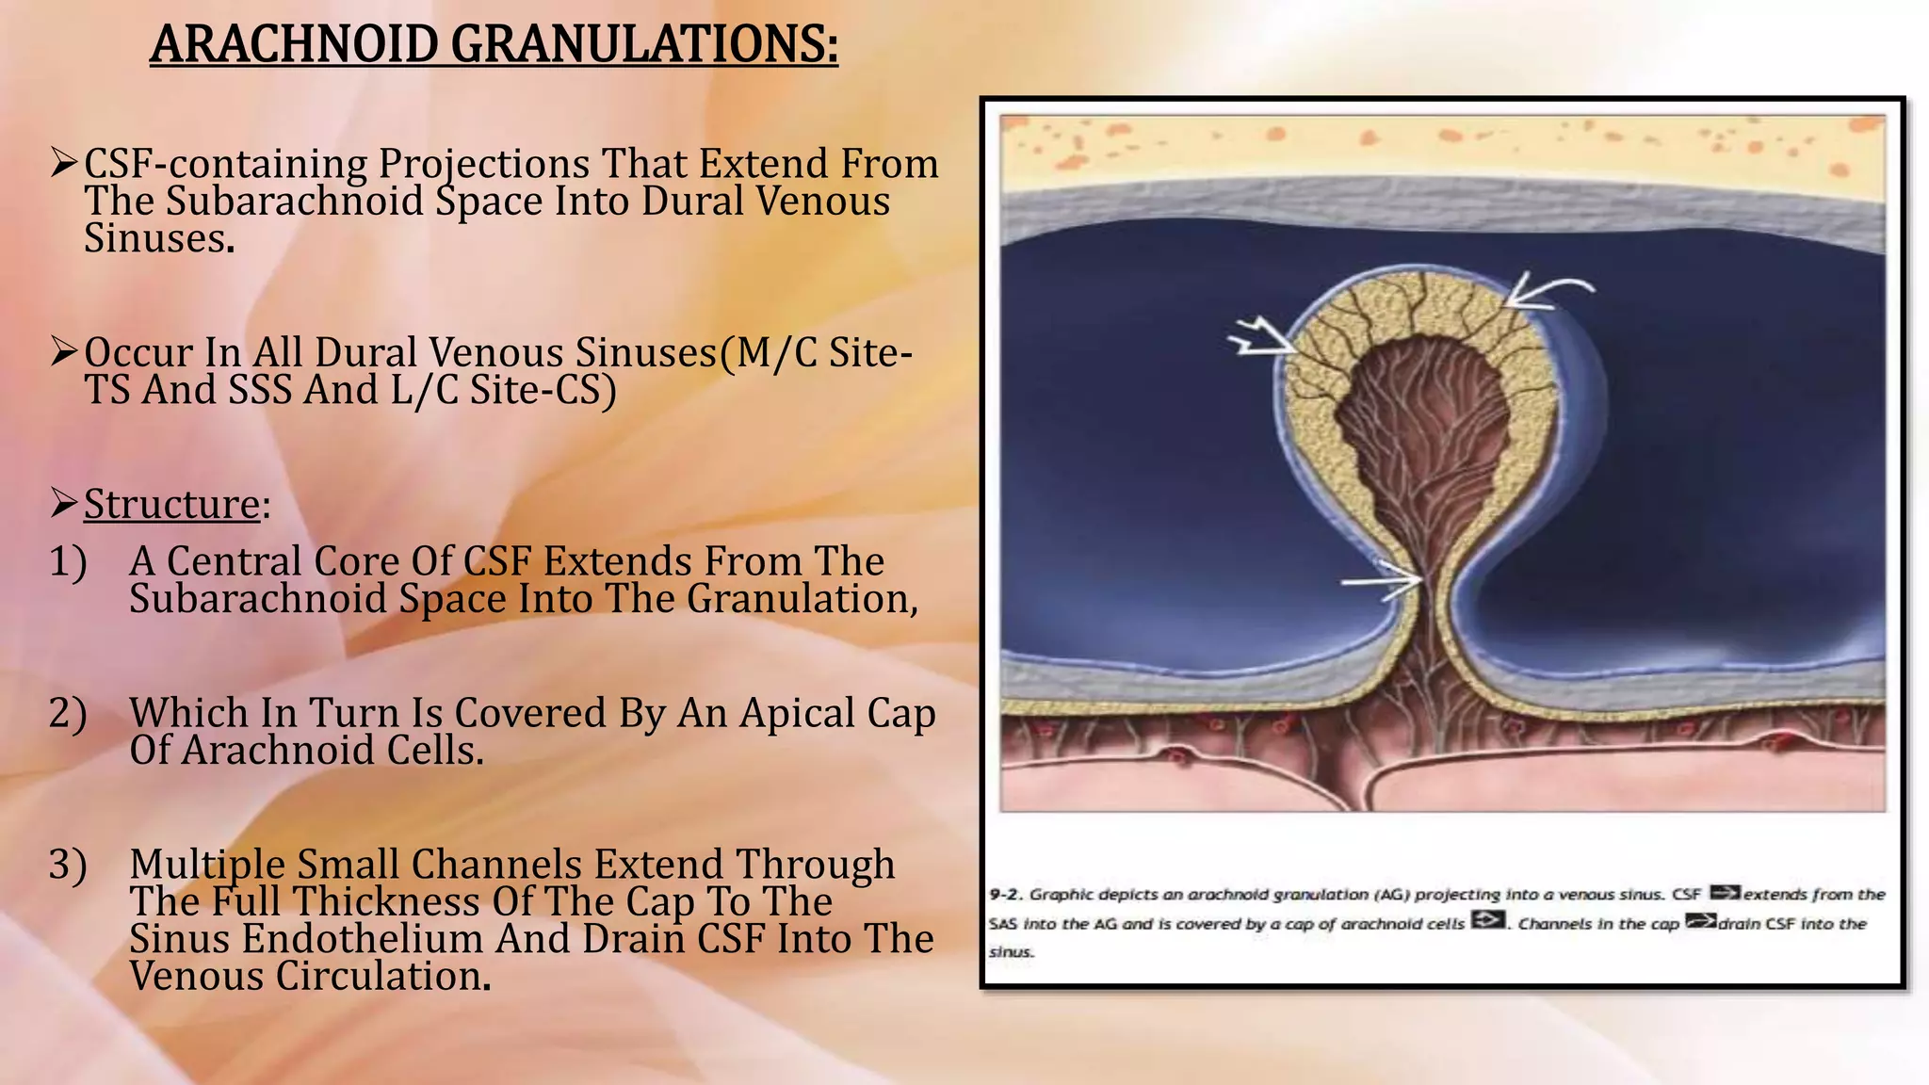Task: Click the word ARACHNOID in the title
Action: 293,44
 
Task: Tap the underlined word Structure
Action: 171,504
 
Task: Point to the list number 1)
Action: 68,561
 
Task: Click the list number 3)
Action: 68,865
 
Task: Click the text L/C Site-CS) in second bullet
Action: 504,390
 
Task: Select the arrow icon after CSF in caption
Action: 1725,893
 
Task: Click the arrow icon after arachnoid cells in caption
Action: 1487,920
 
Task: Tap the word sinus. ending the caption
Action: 1011,952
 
